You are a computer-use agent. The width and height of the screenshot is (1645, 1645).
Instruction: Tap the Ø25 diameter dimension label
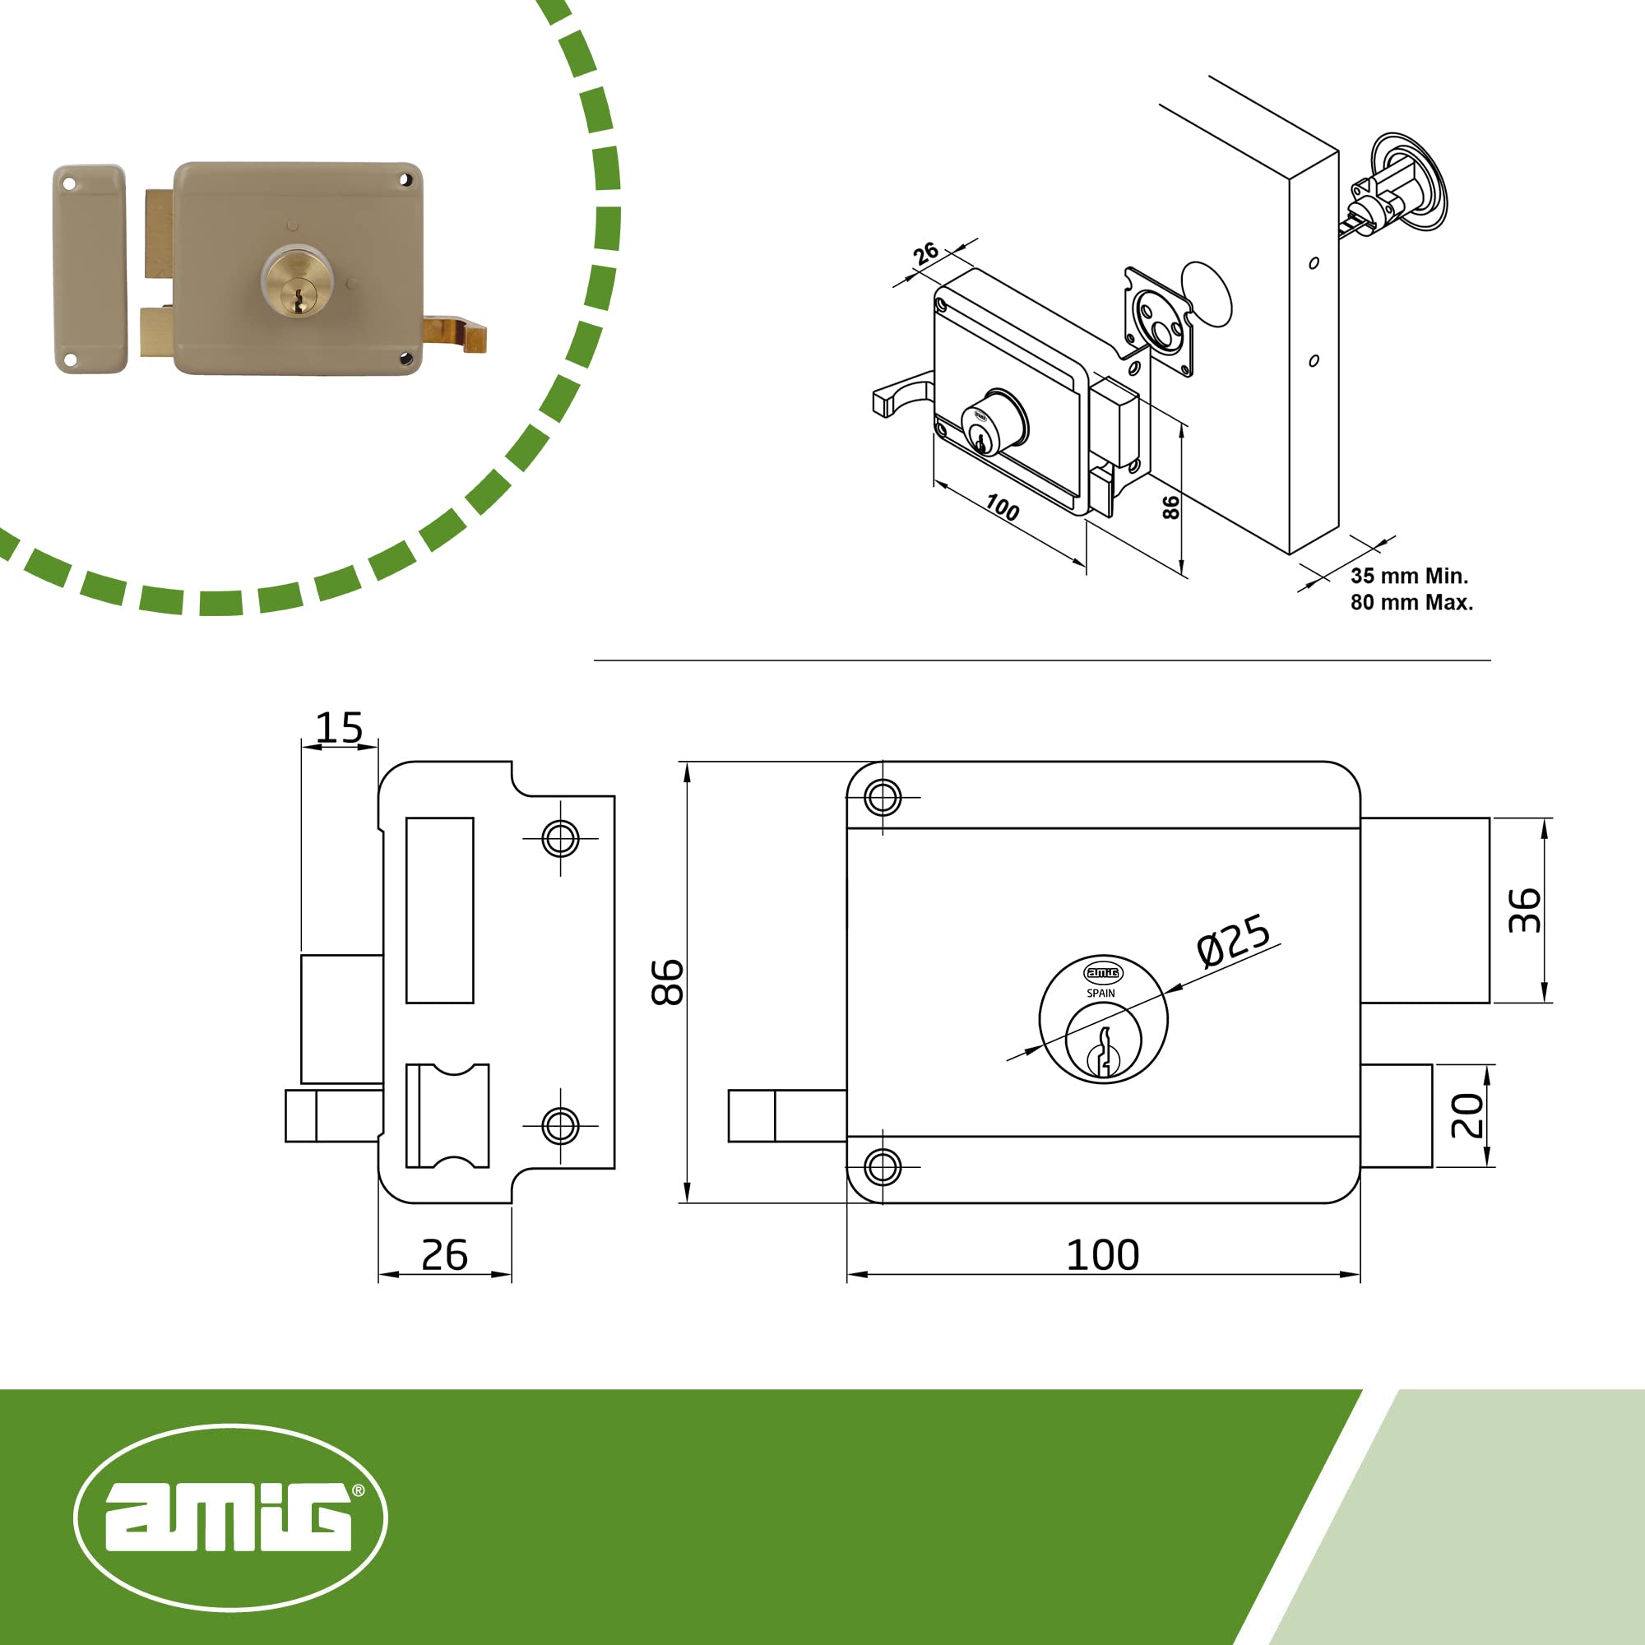pos(1233,939)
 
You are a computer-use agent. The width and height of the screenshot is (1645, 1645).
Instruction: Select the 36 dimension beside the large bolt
pos(1523,911)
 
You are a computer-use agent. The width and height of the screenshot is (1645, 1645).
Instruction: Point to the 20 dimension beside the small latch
pos(1467,1115)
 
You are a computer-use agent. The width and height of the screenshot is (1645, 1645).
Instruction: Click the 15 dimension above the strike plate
pos(339,727)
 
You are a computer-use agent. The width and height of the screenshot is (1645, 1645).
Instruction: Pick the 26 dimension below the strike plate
pos(444,1254)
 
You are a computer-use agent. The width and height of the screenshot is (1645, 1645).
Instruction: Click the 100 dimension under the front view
pos(1103,1254)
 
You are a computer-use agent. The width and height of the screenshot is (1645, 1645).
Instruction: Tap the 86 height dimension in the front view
pos(667,982)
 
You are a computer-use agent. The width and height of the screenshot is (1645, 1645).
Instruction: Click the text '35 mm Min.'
pos(1409,576)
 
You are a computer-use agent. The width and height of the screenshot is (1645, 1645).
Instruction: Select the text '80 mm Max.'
pos(1411,602)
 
